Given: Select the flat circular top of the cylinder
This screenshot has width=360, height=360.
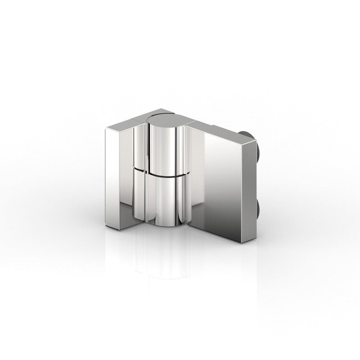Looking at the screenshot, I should tap(162, 118).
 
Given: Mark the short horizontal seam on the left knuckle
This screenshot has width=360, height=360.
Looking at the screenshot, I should tap(139, 169).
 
